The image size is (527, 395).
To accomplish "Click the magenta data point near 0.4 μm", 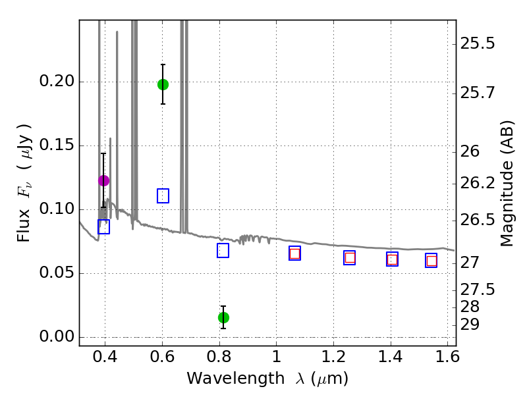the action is [x=103, y=180].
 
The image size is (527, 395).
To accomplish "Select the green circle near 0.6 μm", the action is [x=163, y=85].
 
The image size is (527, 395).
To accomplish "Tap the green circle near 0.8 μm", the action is [x=223, y=317].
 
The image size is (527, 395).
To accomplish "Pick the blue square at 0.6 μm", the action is [x=163, y=196].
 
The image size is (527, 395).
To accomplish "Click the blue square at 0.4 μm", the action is [x=103, y=226].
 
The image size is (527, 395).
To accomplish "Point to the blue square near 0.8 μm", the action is [x=223, y=251].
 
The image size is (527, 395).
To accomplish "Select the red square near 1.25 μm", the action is [x=350, y=257].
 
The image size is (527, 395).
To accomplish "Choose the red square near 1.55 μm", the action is [x=431, y=261].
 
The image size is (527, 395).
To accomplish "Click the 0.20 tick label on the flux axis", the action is [x=57, y=81].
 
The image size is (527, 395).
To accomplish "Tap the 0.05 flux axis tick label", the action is [x=57, y=273].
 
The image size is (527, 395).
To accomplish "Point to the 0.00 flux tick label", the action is [x=57, y=336].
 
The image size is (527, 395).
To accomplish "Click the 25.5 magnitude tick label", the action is [x=477, y=43].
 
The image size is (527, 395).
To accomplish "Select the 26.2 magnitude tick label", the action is [x=477, y=184].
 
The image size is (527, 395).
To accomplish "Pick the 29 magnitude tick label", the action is [x=470, y=325].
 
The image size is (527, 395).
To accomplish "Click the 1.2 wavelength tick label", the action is [x=333, y=357].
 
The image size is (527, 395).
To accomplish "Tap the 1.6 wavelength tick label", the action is [x=447, y=357].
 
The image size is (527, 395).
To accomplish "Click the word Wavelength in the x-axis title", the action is [x=236, y=379].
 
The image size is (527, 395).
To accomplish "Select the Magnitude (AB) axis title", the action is [x=507, y=184].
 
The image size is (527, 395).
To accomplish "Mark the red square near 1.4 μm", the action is [x=392, y=259].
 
